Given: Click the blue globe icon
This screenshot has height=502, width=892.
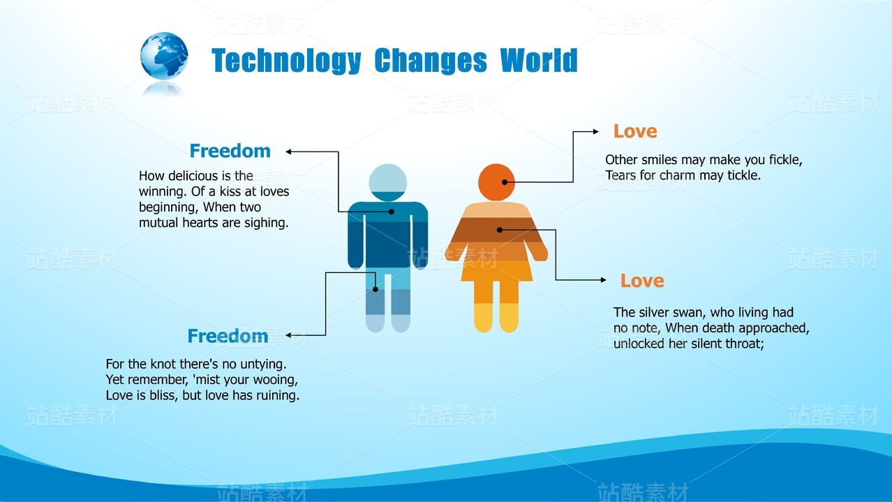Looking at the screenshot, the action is pyautogui.click(x=164, y=56).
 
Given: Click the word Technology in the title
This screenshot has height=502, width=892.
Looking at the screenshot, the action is pyautogui.click(x=286, y=61).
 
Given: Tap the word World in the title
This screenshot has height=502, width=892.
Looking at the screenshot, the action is pyautogui.click(x=539, y=60).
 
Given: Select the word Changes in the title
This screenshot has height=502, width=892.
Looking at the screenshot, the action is pyautogui.click(x=431, y=61).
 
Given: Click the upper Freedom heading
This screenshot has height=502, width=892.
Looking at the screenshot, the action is pyautogui.click(x=230, y=151).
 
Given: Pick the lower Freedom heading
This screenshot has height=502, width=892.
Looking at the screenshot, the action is pyautogui.click(x=228, y=337).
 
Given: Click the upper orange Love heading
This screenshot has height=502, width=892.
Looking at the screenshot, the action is pyautogui.click(x=635, y=131).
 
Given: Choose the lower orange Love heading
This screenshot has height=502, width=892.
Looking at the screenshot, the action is pyautogui.click(x=642, y=281).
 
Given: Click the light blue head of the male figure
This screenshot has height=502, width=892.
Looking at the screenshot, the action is pyautogui.click(x=388, y=182).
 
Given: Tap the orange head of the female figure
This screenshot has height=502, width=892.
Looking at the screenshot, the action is pyautogui.click(x=496, y=182).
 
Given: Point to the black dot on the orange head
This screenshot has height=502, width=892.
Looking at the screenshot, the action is pyautogui.click(x=505, y=182).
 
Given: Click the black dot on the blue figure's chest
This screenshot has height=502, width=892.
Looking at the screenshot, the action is pyautogui.click(x=392, y=212).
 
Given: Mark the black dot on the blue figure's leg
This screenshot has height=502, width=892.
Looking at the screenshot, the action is pyautogui.click(x=375, y=289).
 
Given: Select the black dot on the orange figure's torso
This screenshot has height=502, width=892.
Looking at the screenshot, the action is pyautogui.click(x=500, y=230).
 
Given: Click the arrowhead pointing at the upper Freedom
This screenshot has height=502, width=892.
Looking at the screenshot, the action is pyautogui.click(x=289, y=152).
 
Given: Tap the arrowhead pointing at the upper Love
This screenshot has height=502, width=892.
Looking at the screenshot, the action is pyautogui.click(x=596, y=131).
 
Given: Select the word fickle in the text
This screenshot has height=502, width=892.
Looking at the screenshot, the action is pyautogui.click(x=786, y=160).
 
